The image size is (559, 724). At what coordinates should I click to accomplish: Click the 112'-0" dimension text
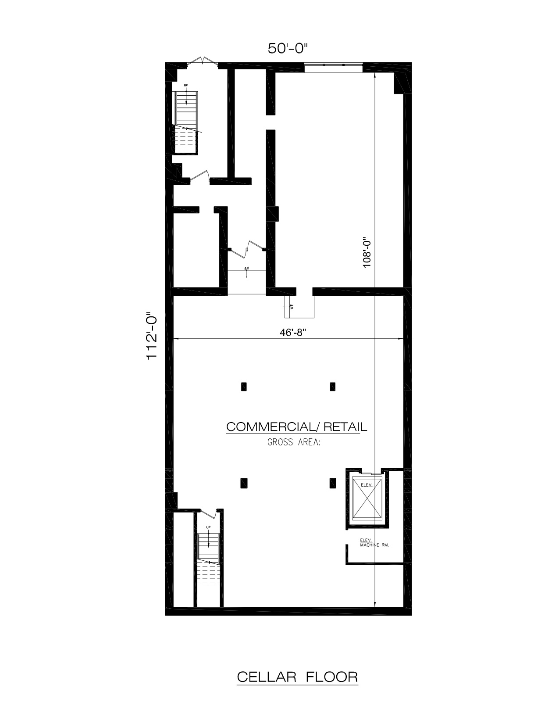[152, 336]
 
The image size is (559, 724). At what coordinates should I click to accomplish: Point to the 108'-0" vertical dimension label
[367, 252]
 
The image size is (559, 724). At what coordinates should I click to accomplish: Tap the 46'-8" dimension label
[292, 332]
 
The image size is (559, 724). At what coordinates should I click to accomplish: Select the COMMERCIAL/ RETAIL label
[296, 427]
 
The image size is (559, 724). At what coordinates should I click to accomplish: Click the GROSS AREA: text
[294, 442]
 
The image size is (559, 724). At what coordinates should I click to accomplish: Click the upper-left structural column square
[244, 387]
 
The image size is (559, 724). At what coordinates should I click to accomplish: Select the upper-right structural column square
[333, 387]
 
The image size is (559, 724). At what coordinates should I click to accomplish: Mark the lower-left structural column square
[244, 483]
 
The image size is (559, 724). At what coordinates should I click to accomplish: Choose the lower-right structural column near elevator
[333, 483]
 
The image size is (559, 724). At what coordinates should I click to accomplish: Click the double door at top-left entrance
[202, 62]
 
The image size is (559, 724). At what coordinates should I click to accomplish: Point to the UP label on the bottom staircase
[208, 527]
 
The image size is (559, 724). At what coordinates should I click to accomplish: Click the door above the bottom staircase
[208, 512]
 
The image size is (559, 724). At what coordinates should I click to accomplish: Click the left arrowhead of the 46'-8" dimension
[175, 339]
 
